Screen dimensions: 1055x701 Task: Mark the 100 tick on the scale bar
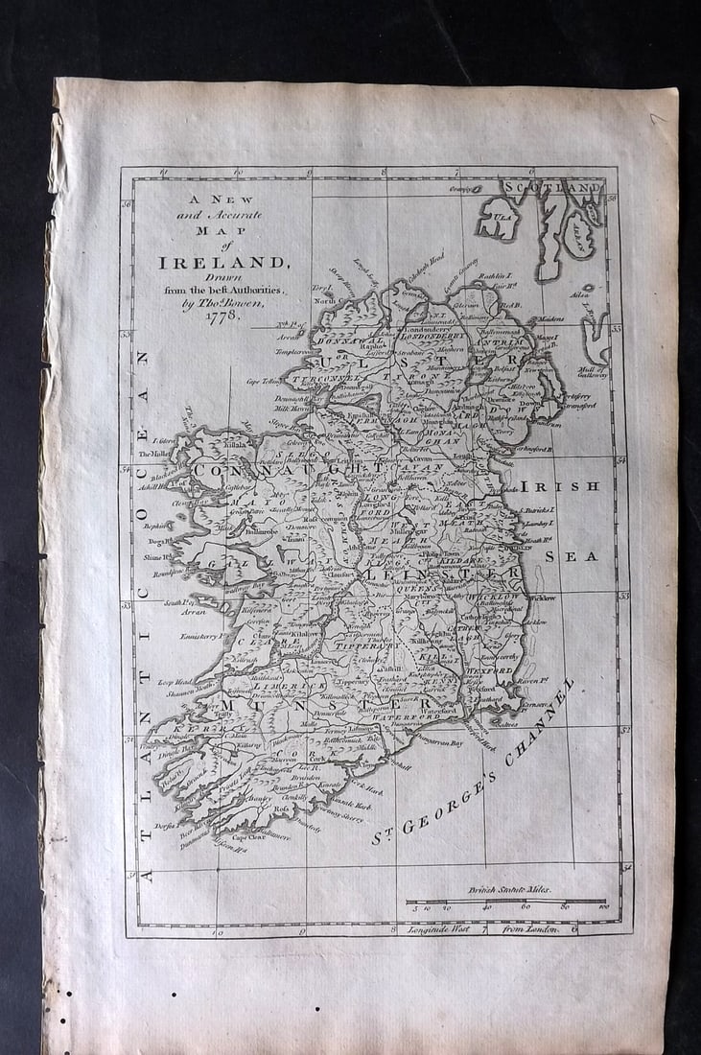tap(602, 907)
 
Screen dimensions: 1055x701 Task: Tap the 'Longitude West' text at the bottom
tap(443, 928)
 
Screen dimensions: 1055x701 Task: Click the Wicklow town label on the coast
tap(542, 598)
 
